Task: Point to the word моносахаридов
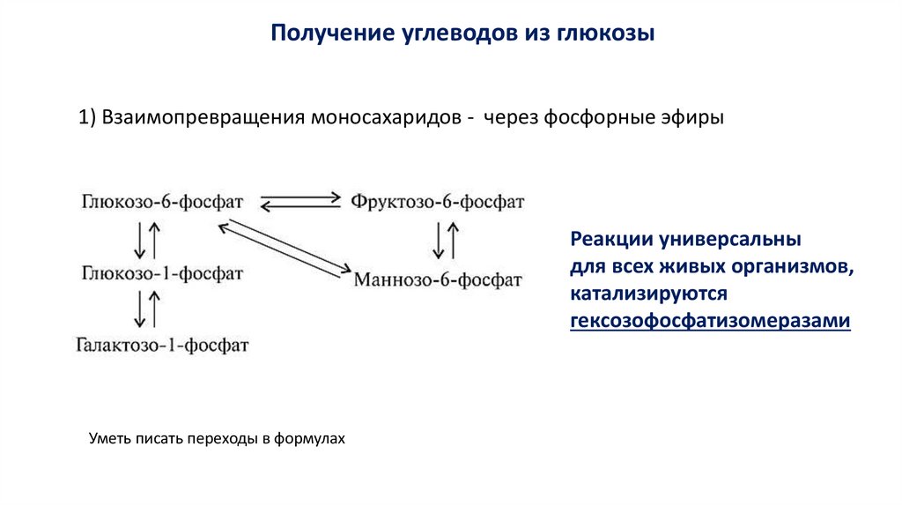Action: click(384, 118)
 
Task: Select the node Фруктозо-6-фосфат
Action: click(438, 201)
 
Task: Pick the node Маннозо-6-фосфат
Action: click(438, 279)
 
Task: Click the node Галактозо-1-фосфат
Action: click(162, 345)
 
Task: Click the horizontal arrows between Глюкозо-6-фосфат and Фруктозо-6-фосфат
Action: click(301, 201)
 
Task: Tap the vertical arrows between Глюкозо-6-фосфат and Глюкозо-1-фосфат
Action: click(146, 238)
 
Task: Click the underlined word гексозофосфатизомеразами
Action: click(710, 322)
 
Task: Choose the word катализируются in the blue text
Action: click(647, 294)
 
